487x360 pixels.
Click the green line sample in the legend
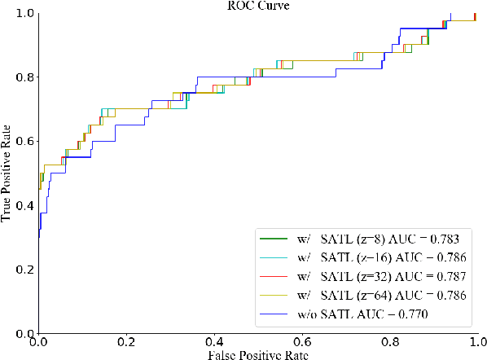(x=273, y=239)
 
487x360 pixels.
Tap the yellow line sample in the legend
(x=273, y=295)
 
